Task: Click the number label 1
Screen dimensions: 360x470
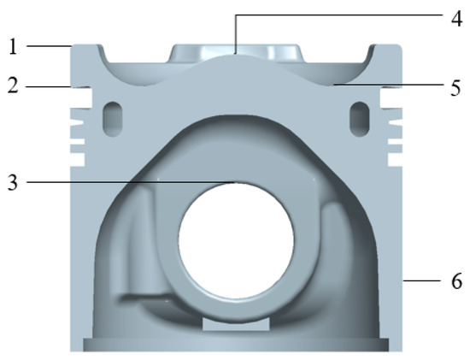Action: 13,46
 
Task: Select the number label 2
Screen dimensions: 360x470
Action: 13,86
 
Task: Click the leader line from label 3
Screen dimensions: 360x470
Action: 128,181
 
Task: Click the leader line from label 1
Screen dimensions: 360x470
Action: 47,45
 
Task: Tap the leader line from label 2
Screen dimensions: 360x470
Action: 47,86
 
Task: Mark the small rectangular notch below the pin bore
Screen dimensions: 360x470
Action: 236,324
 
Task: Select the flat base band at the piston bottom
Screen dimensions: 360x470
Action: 235,345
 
